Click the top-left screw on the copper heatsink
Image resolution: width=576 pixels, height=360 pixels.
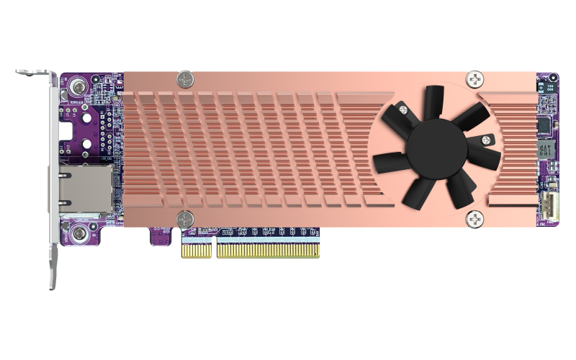coord(186,77)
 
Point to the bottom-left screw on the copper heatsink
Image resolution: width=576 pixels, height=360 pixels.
coord(185,218)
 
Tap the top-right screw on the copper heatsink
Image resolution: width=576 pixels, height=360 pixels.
coord(475,78)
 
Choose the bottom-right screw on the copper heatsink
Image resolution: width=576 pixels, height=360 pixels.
coord(475,218)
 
